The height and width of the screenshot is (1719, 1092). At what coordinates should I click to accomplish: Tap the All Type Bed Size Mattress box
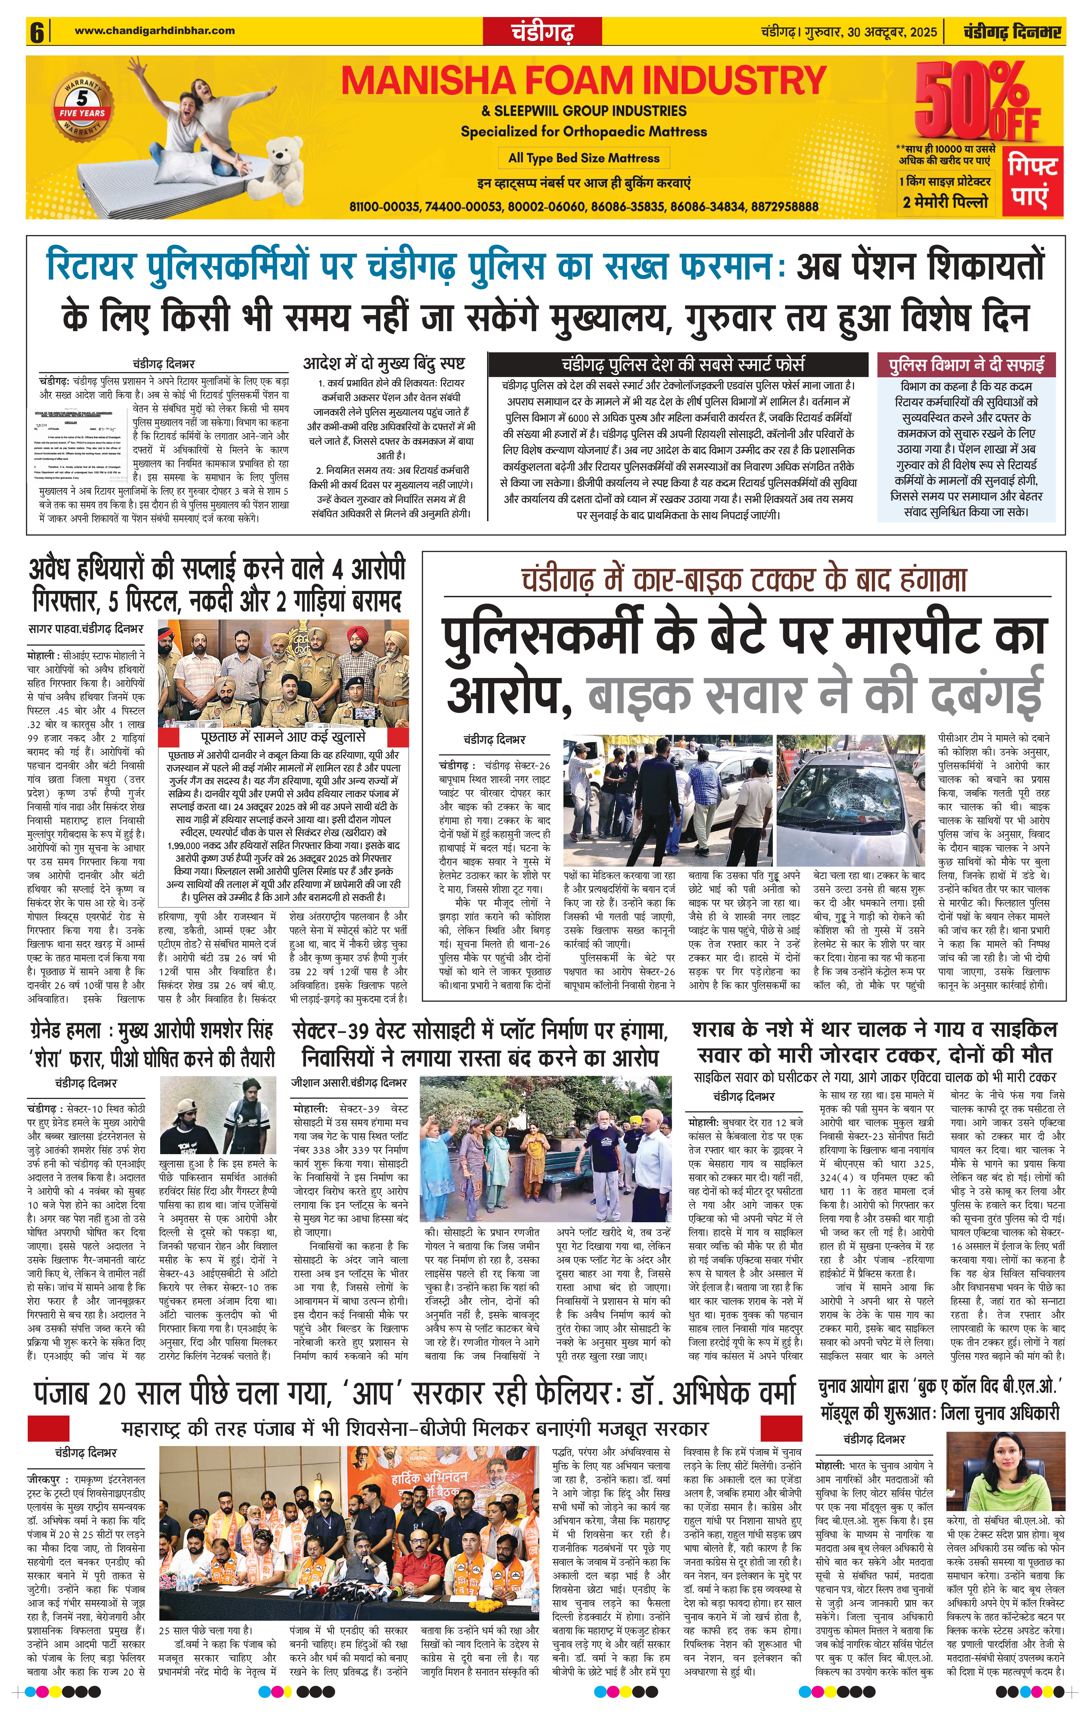point(583,158)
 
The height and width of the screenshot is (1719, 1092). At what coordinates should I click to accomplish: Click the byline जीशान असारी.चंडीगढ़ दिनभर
point(349,1082)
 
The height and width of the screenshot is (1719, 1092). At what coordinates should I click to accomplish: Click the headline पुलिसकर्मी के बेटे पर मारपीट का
point(743,635)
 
